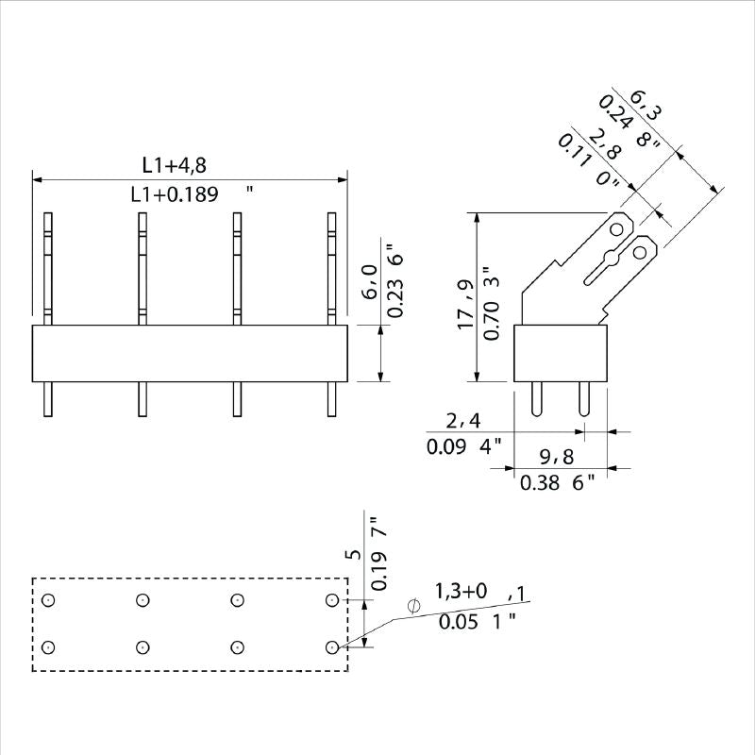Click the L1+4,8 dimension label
[175, 165]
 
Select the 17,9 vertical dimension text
[465, 304]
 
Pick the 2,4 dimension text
[463, 420]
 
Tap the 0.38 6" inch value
[558, 483]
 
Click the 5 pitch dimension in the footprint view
[355, 555]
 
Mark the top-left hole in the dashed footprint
[49, 600]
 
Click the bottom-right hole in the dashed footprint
[331, 646]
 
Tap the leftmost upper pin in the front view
[49, 268]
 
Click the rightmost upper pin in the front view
[331, 268]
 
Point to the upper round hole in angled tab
[618, 229]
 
